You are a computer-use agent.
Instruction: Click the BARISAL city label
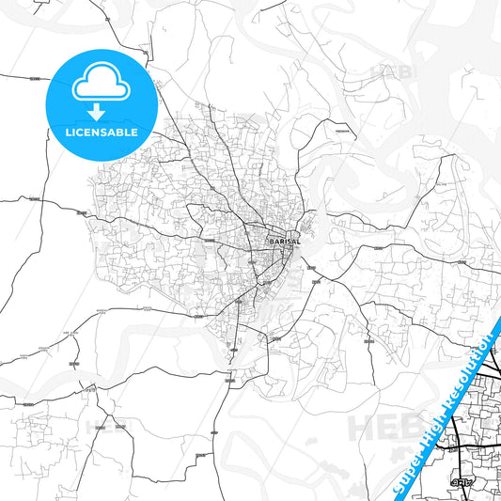coord(283,242)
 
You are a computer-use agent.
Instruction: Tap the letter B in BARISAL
coord(271,242)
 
